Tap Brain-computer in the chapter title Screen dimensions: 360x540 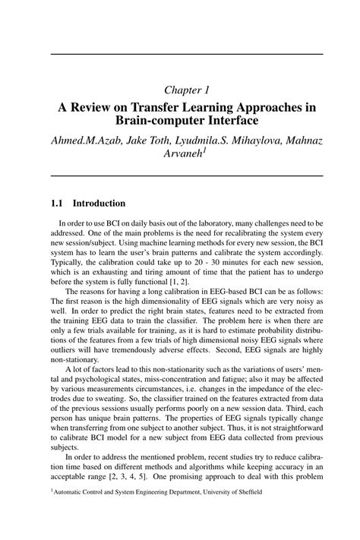point(153,121)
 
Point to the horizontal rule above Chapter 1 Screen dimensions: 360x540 point(181,54)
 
